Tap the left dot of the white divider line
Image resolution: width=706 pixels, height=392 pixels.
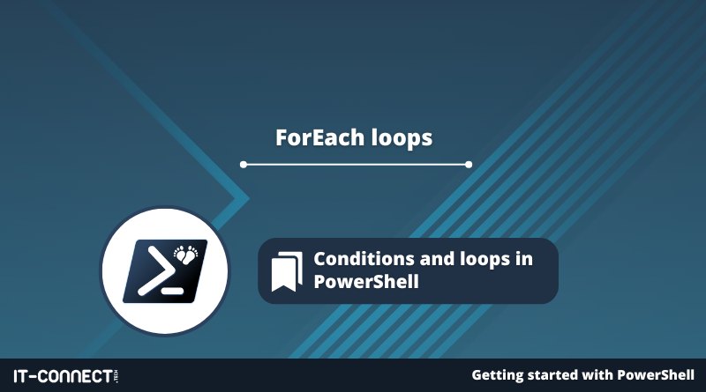tap(244, 165)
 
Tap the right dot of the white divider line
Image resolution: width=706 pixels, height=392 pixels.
tap(469, 165)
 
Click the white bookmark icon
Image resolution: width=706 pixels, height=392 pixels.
tap(287, 271)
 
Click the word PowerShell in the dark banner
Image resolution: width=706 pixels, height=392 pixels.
tap(366, 282)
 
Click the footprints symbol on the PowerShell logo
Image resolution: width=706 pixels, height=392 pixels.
tap(186, 255)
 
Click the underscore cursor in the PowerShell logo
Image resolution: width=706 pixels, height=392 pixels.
tap(172, 291)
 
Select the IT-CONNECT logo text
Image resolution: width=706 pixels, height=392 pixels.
tap(63, 376)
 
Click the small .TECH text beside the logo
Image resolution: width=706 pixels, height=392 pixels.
tap(116, 376)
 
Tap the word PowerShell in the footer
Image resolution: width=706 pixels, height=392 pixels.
tap(656, 375)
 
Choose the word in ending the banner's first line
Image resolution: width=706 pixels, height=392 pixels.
tap(524, 259)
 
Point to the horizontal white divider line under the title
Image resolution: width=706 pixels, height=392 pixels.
tap(357, 165)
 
